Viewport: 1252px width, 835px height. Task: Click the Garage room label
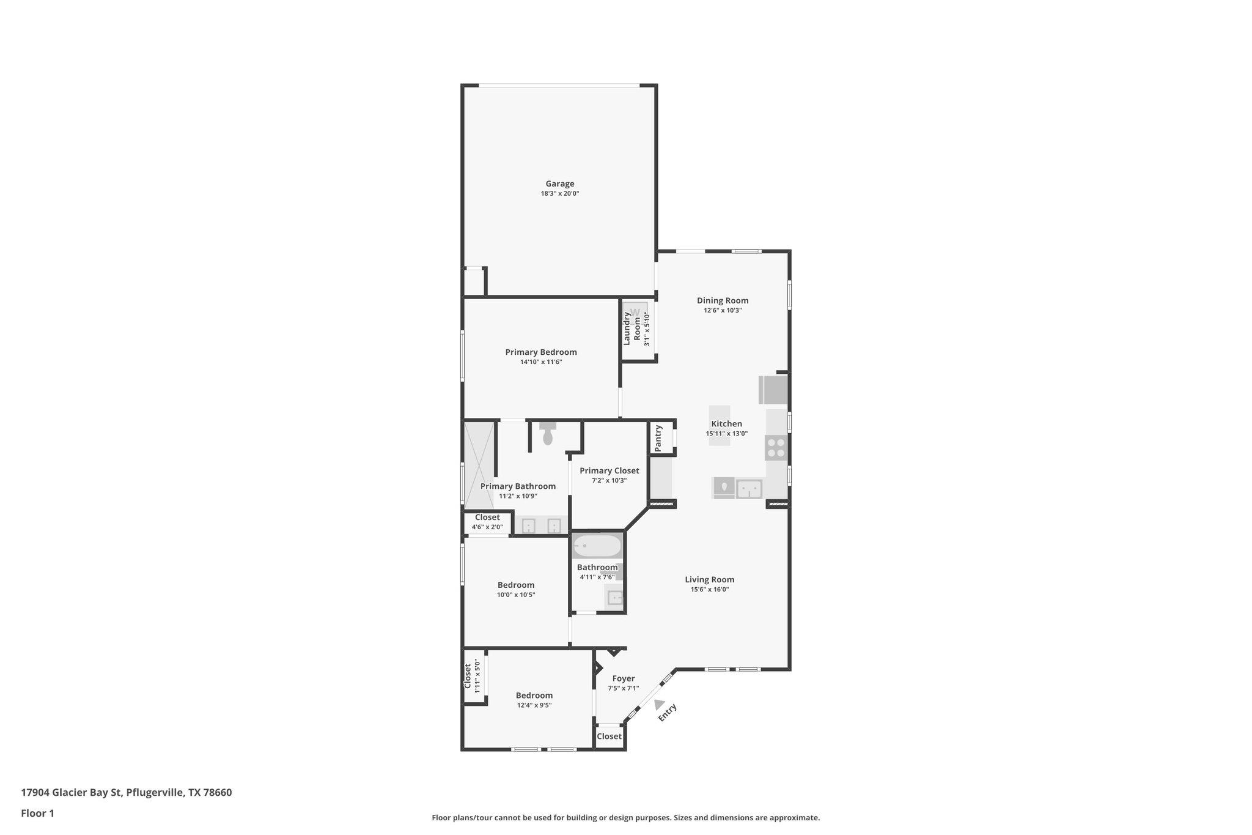tap(559, 184)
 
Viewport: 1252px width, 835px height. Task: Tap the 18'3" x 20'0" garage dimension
tap(559, 194)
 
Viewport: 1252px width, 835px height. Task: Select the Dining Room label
tap(723, 300)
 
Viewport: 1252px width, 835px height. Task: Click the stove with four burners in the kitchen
tap(776, 448)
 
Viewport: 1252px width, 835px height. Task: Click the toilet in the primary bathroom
tap(548, 435)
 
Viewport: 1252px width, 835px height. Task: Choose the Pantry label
tap(658, 439)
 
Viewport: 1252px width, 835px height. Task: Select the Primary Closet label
tap(609, 470)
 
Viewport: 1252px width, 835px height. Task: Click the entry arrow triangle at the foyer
tap(658, 705)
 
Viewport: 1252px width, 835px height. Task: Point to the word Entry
tap(668, 713)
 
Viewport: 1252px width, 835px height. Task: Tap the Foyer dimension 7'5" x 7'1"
tap(623, 688)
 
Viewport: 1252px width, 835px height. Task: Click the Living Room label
tap(709, 579)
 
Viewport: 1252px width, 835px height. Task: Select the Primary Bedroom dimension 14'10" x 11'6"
tap(540, 362)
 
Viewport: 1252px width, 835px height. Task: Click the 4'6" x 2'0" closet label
tap(487, 527)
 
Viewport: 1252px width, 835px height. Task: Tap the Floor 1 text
tap(37, 813)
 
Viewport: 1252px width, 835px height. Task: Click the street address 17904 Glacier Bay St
tap(72, 792)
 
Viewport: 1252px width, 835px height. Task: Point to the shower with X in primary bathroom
tap(479, 465)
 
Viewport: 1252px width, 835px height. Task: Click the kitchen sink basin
tap(749, 488)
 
